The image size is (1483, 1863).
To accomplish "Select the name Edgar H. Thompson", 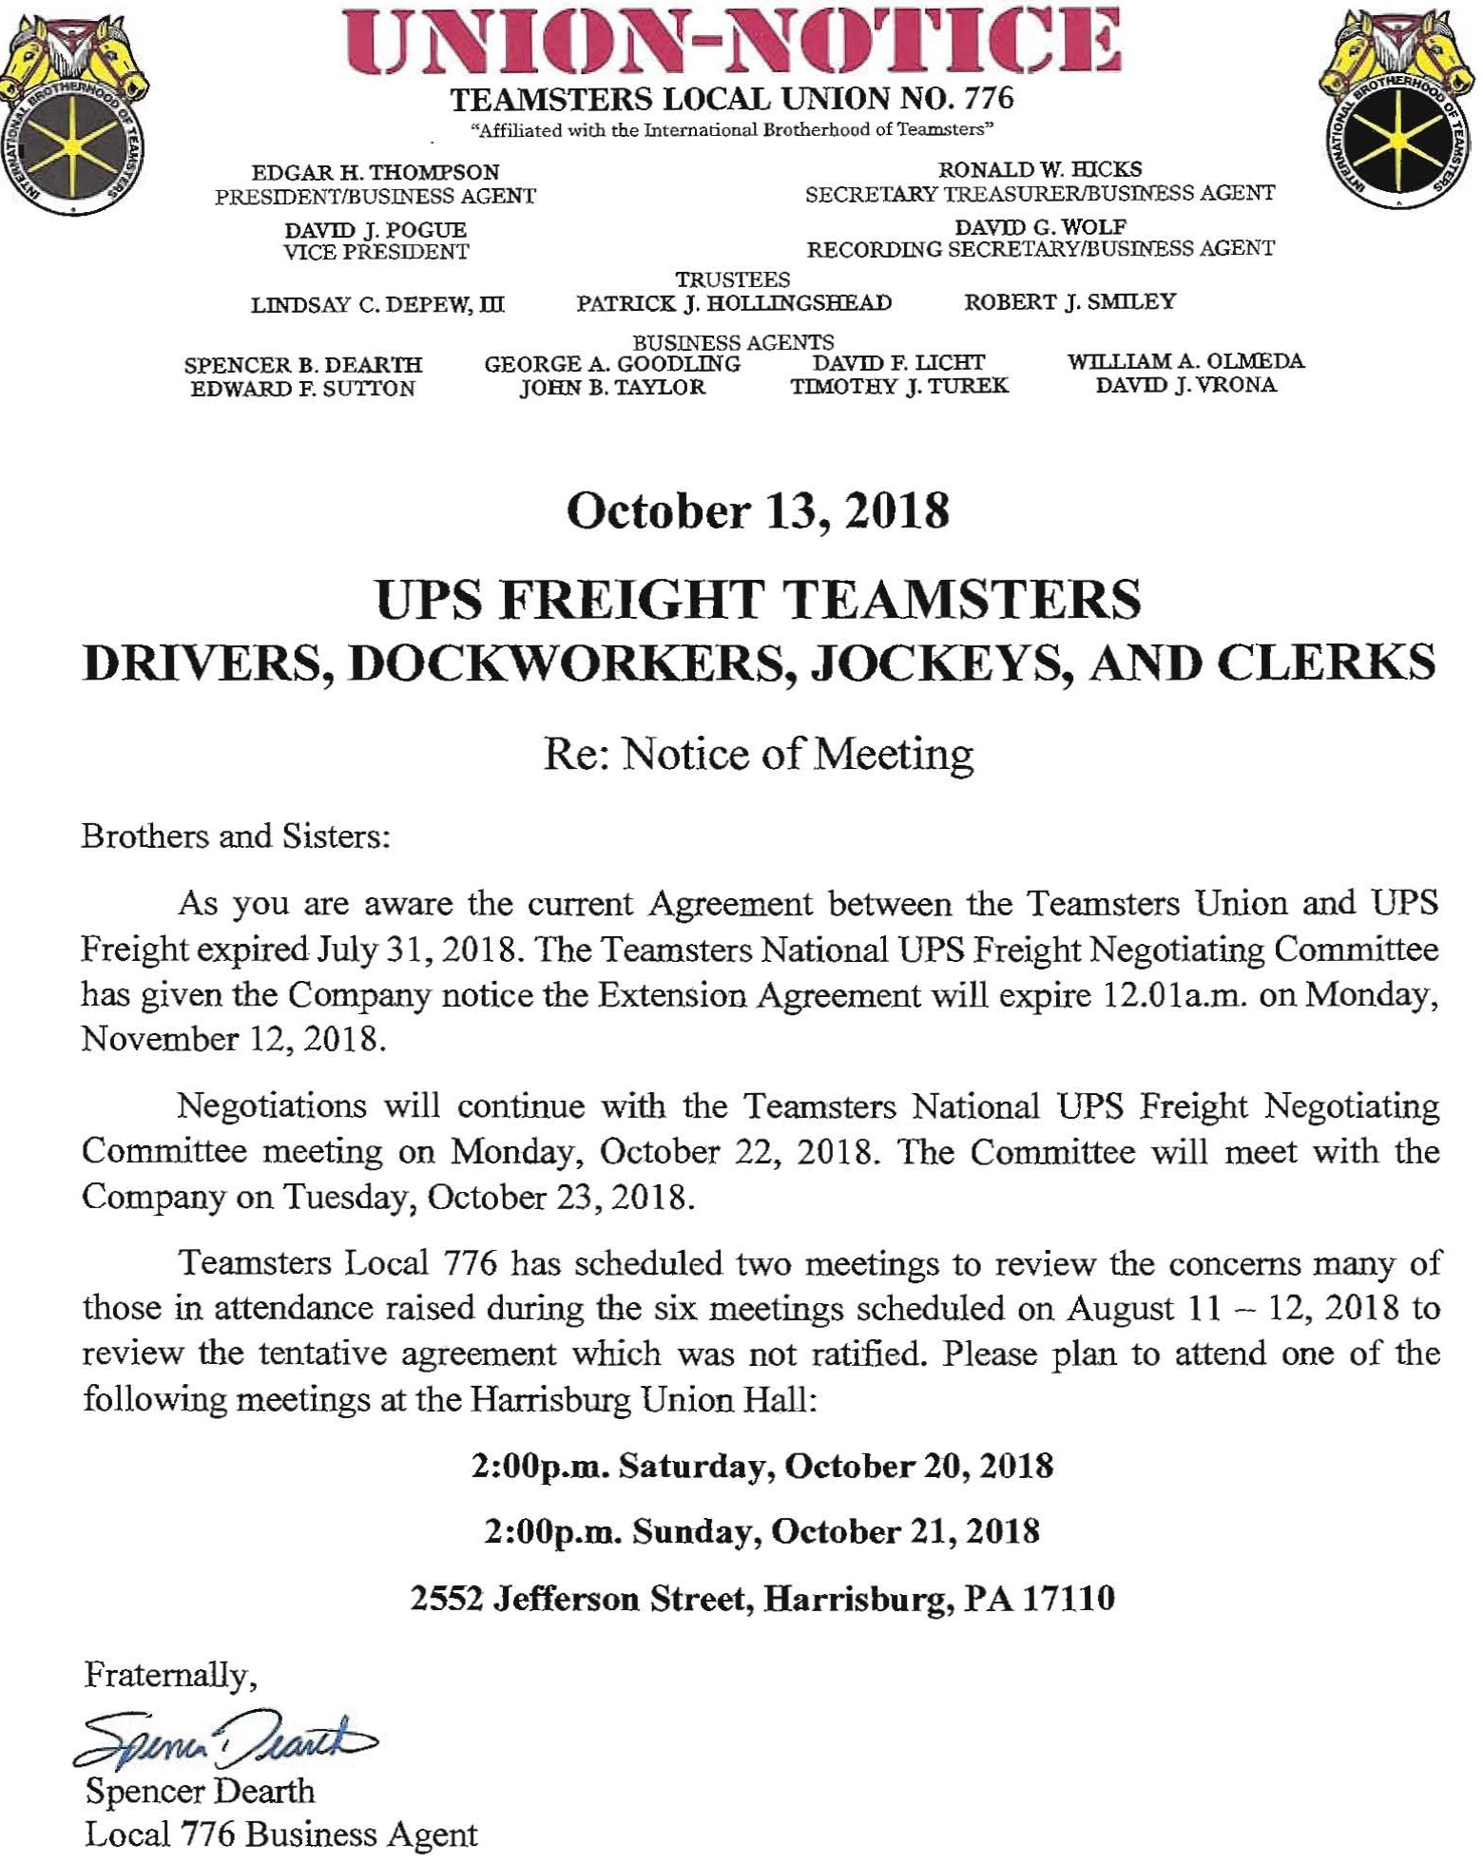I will [376, 173].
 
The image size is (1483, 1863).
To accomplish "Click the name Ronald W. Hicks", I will [1040, 169].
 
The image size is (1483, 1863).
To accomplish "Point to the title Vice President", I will [376, 252].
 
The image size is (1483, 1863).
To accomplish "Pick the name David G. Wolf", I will [1040, 227].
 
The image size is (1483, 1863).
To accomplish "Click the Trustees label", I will [732, 279].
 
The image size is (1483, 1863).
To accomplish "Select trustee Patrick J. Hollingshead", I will [734, 303].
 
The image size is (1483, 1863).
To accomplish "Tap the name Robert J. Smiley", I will [1069, 302].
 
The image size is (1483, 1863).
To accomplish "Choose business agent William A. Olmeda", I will [1185, 361].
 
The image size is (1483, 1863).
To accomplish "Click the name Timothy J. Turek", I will [898, 386].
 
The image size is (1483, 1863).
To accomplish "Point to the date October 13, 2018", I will [758, 511].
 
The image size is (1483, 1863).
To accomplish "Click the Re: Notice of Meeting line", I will [758, 754].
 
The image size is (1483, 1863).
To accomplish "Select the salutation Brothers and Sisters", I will [237, 836].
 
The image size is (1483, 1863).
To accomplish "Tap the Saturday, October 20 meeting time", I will [761, 1466].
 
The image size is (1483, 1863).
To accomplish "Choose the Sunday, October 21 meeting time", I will [761, 1531].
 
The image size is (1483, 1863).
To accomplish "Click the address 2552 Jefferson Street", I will [761, 1598].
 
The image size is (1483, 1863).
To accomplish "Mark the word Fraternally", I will [171, 1673].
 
